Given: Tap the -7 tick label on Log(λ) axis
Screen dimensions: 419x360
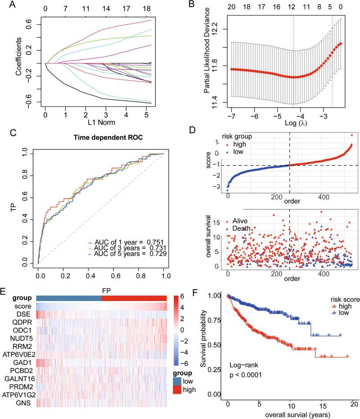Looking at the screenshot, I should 231,116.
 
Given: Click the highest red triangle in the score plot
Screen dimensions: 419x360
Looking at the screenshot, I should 351,135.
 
